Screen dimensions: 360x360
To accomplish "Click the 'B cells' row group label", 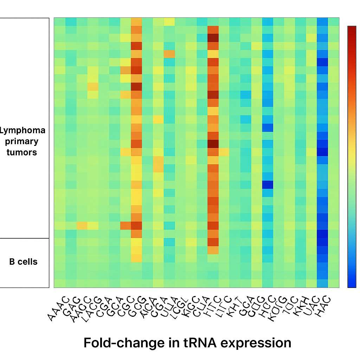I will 23,262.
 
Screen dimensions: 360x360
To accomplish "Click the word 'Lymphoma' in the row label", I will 22,130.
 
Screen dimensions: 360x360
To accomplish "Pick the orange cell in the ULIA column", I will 169,54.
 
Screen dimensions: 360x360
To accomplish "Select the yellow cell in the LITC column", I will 224,152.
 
